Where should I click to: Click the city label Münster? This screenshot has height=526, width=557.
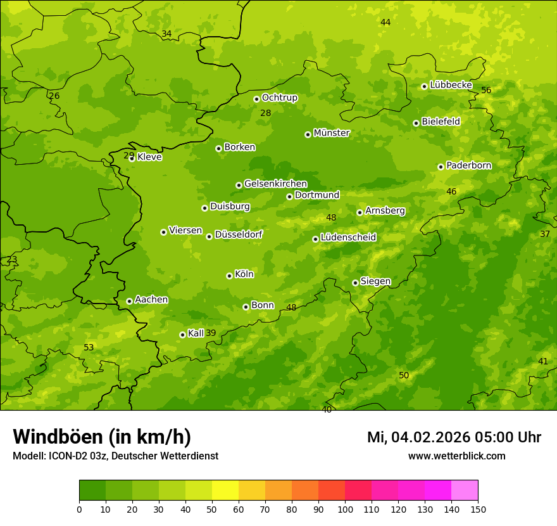pos(332,133)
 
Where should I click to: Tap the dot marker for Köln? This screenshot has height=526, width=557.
pos(229,276)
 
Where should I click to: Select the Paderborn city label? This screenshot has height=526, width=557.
pos(469,165)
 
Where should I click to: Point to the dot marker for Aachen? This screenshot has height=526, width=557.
pos(129,301)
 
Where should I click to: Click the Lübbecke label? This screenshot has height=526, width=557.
pos(451,85)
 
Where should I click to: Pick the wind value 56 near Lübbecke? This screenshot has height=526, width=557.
pos(486,90)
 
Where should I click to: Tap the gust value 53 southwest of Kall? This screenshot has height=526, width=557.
pos(89,347)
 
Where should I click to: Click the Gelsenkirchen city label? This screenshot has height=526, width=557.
pos(275,184)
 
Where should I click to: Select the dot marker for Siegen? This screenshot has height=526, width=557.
pos(355,283)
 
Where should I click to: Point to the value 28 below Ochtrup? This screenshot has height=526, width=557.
pos(266,113)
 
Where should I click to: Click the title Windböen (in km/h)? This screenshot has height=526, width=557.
pos(102,437)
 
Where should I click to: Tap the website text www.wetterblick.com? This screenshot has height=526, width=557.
pos(457,456)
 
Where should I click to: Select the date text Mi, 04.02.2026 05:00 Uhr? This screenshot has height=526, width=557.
pos(454,437)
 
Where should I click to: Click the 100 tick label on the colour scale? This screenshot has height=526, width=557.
pos(345,509)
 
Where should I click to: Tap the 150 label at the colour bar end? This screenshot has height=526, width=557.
pos(478,509)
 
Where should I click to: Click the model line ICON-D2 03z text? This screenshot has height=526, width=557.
pos(115,456)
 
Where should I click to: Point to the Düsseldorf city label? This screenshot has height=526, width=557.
pos(239,234)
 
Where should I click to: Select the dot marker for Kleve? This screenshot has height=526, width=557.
pos(132,158)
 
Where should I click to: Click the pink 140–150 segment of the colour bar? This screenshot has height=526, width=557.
pos(465,491)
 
